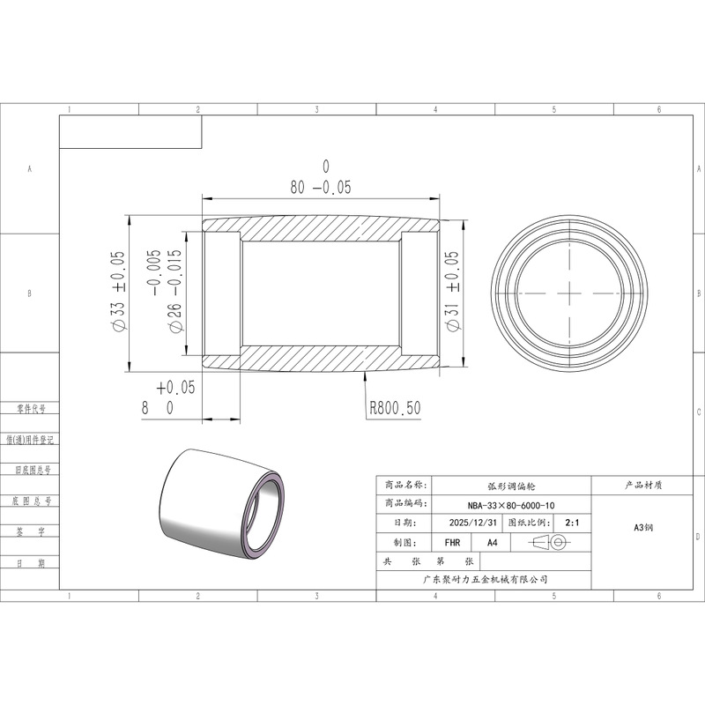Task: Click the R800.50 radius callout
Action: point(395,408)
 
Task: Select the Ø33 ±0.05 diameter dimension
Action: point(117,291)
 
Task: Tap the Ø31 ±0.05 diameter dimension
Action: point(453,291)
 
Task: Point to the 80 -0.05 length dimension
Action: point(321,178)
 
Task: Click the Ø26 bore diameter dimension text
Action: point(167,291)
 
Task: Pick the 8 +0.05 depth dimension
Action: point(168,397)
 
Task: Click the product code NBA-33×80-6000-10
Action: point(511,505)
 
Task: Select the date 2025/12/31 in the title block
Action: point(473,523)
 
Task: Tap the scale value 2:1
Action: point(572,523)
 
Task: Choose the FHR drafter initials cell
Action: point(452,543)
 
